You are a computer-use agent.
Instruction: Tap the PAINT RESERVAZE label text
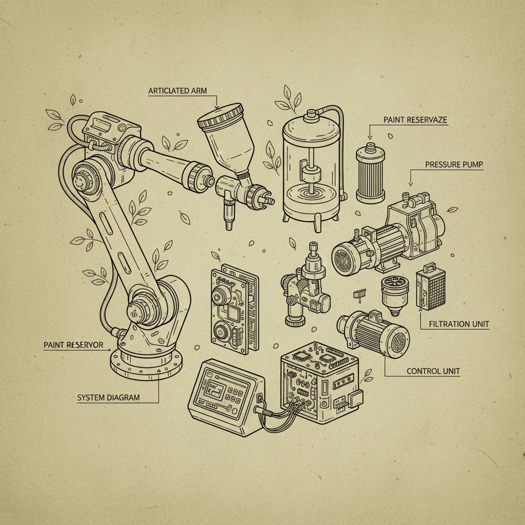click(x=415, y=120)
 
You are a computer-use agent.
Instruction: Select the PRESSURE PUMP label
click(x=454, y=165)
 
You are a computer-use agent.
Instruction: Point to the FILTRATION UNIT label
click(x=458, y=324)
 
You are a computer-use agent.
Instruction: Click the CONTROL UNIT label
click(x=433, y=371)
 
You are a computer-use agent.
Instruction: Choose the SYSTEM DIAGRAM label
click(x=108, y=397)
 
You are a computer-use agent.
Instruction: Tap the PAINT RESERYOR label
click(x=73, y=345)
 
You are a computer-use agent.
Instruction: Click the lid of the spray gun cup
click(x=220, y=116)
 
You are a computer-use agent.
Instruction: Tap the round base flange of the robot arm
click(x=146, y=365)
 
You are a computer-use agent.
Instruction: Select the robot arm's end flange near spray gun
click(x=200, y=175)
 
